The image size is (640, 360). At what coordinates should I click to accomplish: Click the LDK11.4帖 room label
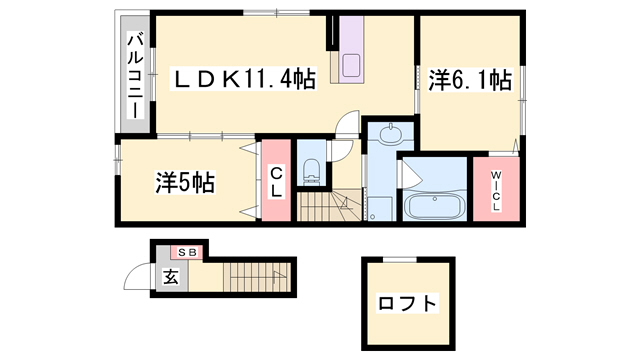tap(244, 78)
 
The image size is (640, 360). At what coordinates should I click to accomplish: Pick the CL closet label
tap(277, 183)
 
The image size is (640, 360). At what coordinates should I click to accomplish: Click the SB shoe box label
tap(186, 252)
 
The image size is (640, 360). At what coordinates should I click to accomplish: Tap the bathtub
tap(433, 208)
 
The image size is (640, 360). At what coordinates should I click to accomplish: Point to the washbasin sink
tap(389, 134)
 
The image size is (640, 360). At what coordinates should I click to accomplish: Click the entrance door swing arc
tap(137, 278)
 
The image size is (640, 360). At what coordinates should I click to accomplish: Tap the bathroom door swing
tap(411, 177)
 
